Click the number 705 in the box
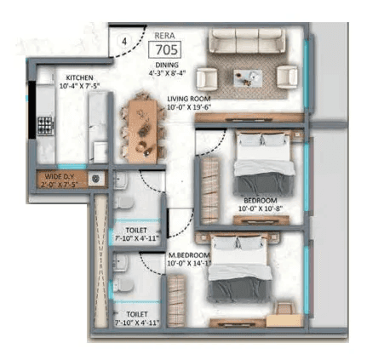click(x=165, y=49)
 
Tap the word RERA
click(x=165, y=35)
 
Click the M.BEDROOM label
click(x=189, y=258)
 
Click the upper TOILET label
click(x=134, y=230)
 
